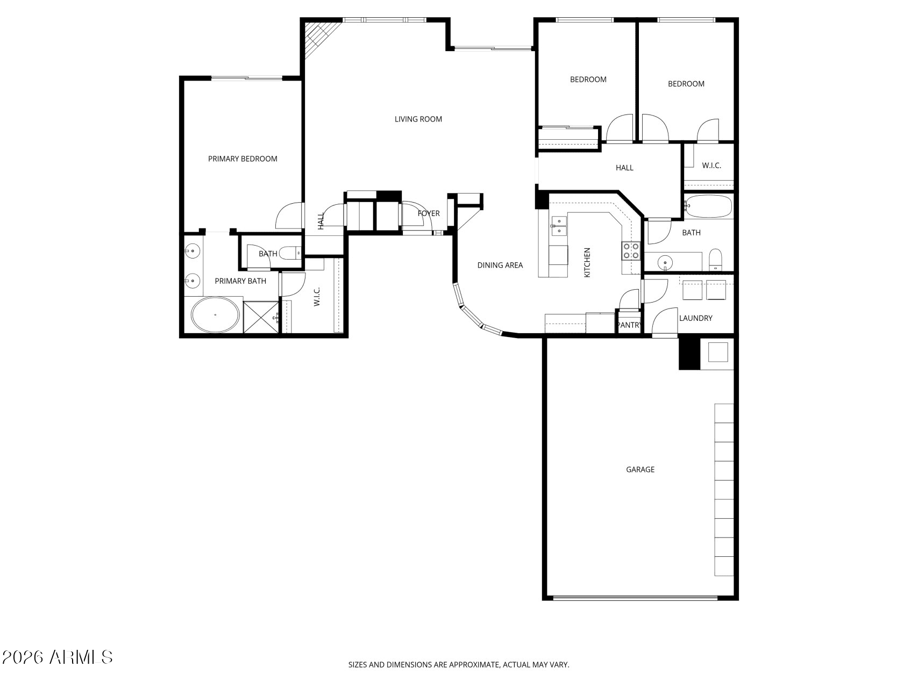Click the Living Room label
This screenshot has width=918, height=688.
pos(418,119)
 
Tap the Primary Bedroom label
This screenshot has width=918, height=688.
pos(243,159)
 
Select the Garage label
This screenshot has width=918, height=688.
pos(640,470)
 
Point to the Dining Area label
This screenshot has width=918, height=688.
pos(500,265)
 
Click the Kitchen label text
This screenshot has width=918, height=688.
pos(587,262)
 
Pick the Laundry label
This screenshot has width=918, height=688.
pos(695,318)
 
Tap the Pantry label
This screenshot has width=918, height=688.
pos(629,325)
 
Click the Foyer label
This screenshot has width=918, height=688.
pos(429,213)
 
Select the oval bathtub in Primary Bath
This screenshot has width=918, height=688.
pos(215,315)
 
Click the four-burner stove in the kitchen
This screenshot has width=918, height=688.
pos(631,250)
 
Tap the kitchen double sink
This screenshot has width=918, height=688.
pos(559,225)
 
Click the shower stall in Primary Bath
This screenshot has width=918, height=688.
pos(261,318)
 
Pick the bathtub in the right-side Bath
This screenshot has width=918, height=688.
pos(708,207)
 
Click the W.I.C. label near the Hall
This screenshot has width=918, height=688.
pos(711,166)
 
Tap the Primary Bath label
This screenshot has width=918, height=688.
pos(240,281)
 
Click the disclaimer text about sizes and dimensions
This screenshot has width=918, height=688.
pos(459,665)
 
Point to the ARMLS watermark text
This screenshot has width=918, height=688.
pos(57,657)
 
